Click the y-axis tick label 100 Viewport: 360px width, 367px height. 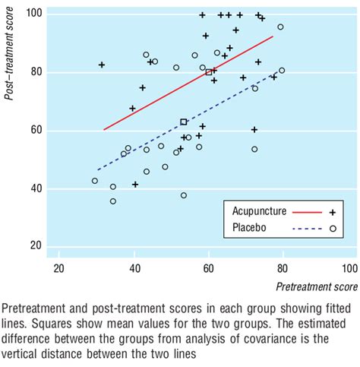pos(33,14)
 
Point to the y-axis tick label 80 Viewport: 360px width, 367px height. pos(35,73)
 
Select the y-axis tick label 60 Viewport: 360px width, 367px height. pos(35,131)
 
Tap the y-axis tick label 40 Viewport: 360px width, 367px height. pos(35,188)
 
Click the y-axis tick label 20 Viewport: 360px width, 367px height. pos(35,246)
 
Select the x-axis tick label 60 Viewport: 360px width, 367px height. pos(208,269)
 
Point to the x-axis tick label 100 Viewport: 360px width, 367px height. pos(349,269)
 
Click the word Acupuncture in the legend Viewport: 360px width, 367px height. pos(256,214)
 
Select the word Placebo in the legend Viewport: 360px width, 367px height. pos(246,229)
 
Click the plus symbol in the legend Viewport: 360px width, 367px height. pos(332,214)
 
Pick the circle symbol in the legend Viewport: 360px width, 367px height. pos(332,229)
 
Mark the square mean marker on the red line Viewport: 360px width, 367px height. pos(209,72)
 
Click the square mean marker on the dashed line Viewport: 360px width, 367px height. pos(183,122)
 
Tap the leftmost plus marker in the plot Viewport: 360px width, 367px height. pos(102,65)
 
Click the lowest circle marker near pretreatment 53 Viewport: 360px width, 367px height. pos(184,195)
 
